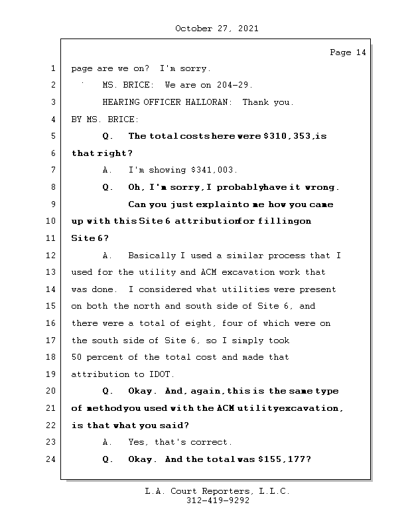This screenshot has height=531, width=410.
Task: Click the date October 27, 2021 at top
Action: (x=216, y=29)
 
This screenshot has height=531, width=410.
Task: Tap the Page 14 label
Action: (x=348, y=52)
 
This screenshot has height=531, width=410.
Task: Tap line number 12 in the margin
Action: (x=52, y=256)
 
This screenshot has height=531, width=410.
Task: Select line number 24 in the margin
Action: (x=52, y=459)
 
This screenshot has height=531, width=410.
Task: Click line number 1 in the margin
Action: (x=52, y=68)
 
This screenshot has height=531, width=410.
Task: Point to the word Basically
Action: (x=151, y=256)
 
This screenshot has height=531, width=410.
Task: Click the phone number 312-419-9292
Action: (x=218, y=501)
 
